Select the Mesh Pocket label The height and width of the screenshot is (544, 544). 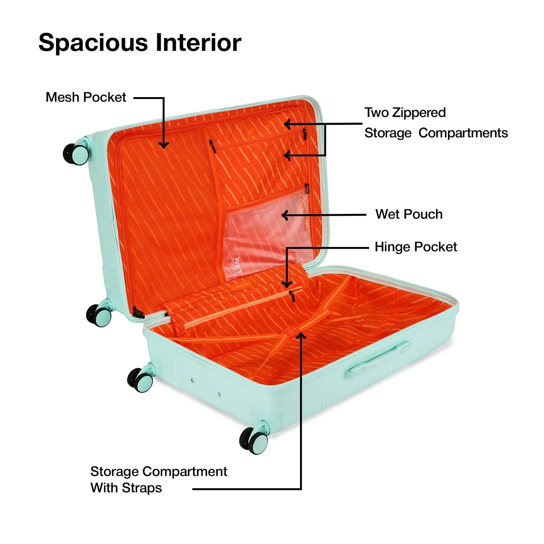coord(86,97)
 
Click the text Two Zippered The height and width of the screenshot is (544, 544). coord(405,113)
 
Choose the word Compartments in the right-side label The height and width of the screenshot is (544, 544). coord(463,133)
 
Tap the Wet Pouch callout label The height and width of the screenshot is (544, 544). coord(409,214)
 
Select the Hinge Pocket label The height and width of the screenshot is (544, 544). coord(416,247)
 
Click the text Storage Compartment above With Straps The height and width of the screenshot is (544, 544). coord(158,471)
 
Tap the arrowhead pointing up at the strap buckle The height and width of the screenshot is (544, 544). coord(301,335)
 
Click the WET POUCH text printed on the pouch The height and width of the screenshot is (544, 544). coord(236,266)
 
